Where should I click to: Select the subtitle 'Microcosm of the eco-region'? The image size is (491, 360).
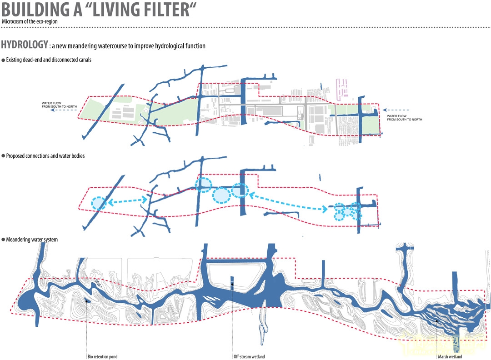click(30, 22)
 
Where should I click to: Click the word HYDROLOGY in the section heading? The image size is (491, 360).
click(25, 45)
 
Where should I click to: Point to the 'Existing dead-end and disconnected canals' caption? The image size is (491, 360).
click(49, 60)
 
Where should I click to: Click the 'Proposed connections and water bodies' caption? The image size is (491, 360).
click(45, 156)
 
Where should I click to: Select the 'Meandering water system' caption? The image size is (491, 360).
click(32, 240)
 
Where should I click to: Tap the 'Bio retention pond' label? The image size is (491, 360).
click(102, 357)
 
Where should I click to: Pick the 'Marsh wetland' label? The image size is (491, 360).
click(450, 357)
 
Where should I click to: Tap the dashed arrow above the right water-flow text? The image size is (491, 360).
click(396, 110)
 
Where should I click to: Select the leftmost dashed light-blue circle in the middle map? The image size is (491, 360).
click(98, 203)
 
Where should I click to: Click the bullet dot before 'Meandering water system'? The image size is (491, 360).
click(3, 240)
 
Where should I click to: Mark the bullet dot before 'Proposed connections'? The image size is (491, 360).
click(3, 156)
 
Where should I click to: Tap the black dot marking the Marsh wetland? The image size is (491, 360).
click(437, 320)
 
